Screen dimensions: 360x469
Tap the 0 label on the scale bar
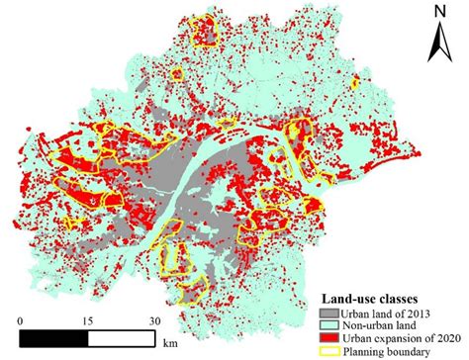click(21, 320)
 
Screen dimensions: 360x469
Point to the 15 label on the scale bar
click(87, 320)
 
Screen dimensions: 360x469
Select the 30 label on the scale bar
click(155, 320)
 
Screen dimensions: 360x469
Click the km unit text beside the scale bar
click(172, 346)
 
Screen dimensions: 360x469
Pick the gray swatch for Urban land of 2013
click(331, 311)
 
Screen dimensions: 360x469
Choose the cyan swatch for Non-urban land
click(331, 323)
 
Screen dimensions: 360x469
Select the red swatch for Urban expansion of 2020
click(331, 336)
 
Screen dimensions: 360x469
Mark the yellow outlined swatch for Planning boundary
click(331, 350)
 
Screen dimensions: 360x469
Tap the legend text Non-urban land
click(386, 323)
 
